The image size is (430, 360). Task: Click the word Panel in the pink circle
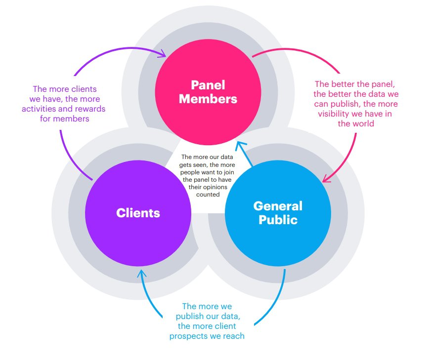(208, 84)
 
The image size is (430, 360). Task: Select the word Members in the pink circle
(208, 99)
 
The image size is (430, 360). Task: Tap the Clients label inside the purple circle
(138, 213)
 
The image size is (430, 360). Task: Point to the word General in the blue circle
(278, 205)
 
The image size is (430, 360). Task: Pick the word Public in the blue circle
(278, 220)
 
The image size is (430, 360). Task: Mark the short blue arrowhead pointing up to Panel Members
(240, 145)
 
